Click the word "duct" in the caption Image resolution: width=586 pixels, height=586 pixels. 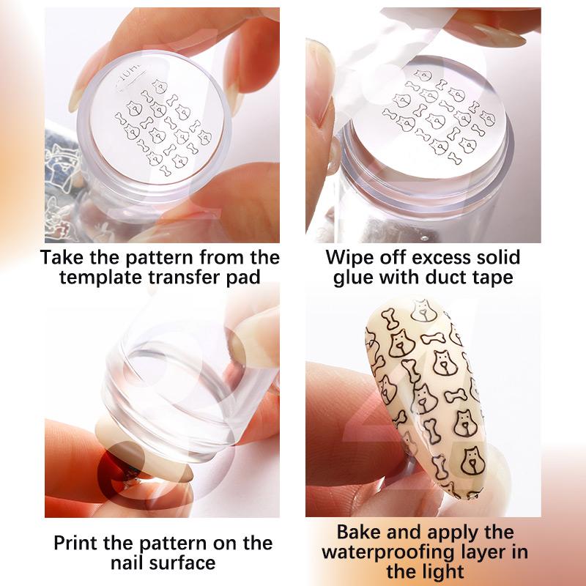point(445,278)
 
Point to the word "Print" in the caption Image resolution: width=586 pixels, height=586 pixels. point(76,543)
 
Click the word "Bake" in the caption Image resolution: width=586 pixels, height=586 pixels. point(358,532)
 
